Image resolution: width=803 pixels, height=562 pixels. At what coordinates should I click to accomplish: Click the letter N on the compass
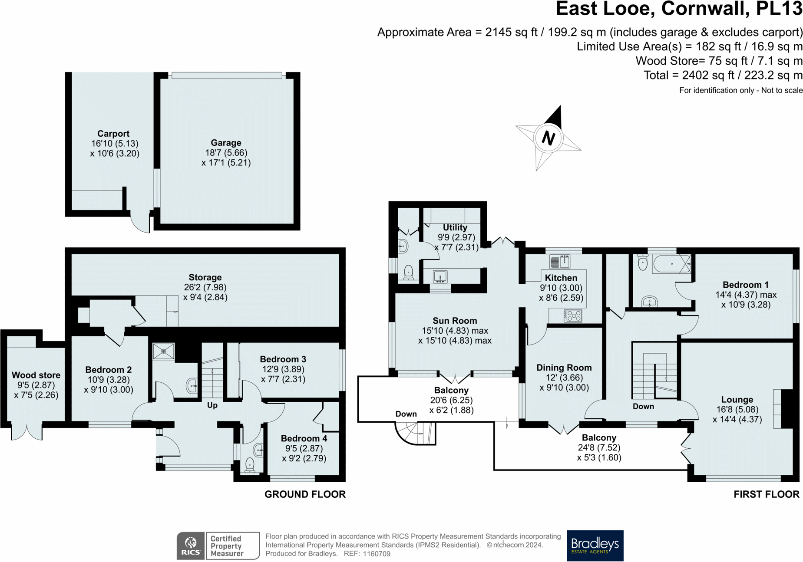click(548, 138)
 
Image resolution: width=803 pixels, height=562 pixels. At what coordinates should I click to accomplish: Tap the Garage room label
click(226, 143)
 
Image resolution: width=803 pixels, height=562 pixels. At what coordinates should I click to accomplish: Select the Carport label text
click(113, 134)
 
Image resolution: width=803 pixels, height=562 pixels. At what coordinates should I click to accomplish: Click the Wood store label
click(36, 375)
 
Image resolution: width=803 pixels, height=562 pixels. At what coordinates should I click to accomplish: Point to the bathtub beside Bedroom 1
click(671, 264)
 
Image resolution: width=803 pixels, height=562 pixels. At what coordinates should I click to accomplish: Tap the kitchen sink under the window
click(559, 262)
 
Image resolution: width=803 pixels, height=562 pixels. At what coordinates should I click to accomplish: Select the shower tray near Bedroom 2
click(163, 351)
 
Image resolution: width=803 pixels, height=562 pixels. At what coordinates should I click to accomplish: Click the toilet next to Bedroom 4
click(250, 466)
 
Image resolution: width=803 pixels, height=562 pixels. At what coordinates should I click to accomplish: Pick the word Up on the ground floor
click(212, 405)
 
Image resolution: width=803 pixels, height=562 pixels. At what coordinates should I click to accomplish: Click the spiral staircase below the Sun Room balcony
click(415, 433)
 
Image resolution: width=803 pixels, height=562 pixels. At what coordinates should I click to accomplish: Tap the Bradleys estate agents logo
click(595, 546)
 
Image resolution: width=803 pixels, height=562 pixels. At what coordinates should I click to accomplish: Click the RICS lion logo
click(191, 546)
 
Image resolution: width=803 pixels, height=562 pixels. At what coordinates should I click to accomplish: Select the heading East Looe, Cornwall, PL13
click(679, 9)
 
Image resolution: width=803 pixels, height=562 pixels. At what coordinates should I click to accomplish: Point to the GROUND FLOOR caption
click(305, 494)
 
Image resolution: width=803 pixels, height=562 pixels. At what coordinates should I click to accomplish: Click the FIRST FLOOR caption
click(767, 494)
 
